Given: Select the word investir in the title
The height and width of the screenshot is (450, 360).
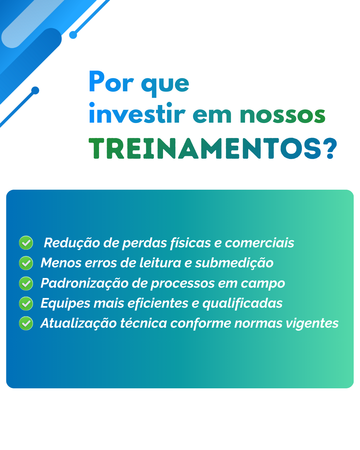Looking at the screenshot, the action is click(x=137, y=113).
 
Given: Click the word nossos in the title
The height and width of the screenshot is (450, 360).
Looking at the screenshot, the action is click(x=282, y=115).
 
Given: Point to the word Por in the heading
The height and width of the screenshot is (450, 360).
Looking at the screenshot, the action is click(x=111, y=82).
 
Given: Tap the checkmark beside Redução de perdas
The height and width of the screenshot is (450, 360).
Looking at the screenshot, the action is click(x=26, y=243).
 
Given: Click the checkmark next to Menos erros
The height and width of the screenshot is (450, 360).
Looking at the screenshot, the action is click(x=26, y=263).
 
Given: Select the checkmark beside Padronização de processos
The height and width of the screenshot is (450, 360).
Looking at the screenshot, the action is click(x=26, y=283).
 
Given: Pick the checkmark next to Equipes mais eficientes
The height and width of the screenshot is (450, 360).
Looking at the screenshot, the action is click(x=26, y=303).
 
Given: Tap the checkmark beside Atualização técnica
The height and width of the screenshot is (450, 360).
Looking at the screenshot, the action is click(x=26, y=323).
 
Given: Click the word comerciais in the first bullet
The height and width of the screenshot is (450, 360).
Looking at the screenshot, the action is click(x=260, y=243).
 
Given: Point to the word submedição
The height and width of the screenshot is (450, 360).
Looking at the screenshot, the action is click(x=234, y=263).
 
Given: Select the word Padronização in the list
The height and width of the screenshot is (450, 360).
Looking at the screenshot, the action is click(x=85, y=284).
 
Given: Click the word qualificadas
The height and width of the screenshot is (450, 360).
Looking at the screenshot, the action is click(x=242, y=304).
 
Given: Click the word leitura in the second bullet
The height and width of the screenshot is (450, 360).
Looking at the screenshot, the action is click(x=160, y=263).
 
